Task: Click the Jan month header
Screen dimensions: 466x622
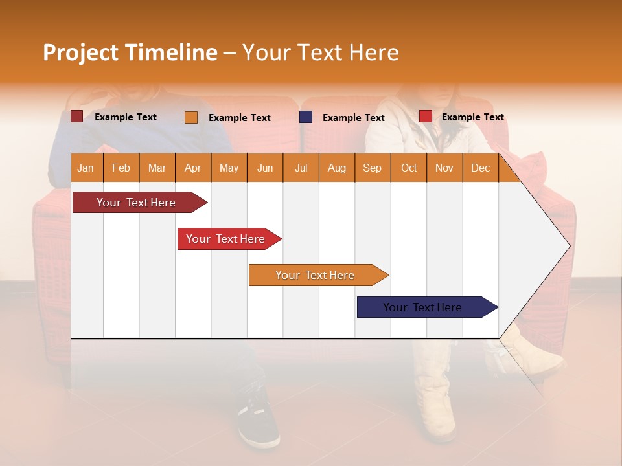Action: (86, 168)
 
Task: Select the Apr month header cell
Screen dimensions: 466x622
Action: (192, 168)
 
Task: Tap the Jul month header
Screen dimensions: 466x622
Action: (301, 168)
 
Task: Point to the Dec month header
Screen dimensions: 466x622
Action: (480, 168)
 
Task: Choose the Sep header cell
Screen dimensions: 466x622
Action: (372, 168)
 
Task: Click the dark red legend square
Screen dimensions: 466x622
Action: (76, 116)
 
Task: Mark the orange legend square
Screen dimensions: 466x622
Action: (191, 117)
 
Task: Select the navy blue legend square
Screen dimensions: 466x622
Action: (306, 116)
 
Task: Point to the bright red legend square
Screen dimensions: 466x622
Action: (426, 116)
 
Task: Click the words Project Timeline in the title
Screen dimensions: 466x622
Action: (130, 52)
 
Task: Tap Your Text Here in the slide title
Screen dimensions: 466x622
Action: (320, 52)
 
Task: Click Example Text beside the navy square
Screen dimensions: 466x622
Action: (353, 118)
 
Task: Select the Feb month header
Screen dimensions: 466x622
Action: (121, 168)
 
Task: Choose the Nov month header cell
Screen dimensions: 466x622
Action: (444, 168)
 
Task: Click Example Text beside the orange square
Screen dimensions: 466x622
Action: (239, 118)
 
